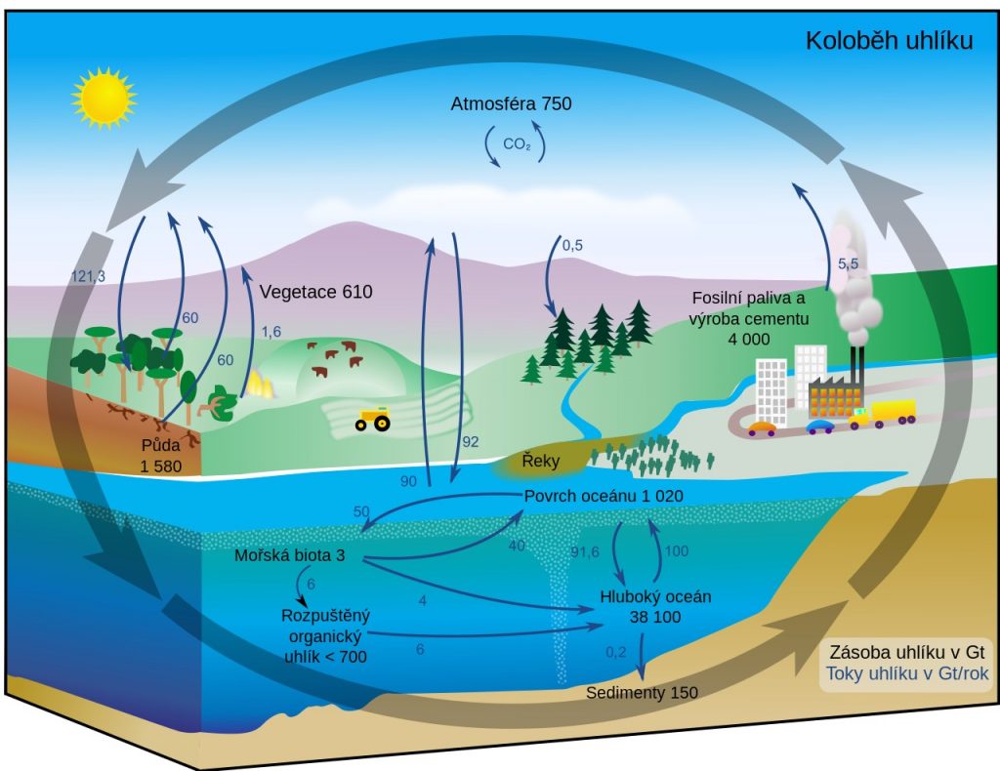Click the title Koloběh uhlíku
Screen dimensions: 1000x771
[x=889, y=40]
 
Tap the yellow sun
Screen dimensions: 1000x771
[x=104, y=99]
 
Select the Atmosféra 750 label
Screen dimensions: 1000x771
[x=511, y=103]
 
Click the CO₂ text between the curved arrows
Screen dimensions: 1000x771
[x=517, y=144]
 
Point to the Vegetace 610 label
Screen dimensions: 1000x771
[x=315, y=292]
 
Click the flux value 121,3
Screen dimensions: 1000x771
[x=88, y=276]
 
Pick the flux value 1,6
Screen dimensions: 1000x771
[x=271, y=332]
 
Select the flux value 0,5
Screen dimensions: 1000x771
[x=572, y=245]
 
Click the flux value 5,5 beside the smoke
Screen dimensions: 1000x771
[x=849, y=264]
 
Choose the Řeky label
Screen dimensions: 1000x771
[x=540, y=460]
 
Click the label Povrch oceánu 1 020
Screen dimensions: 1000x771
[x=604, y=496]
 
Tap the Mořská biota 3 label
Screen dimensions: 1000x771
[x=289, y=555]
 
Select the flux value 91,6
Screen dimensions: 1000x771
[x=585, y=551]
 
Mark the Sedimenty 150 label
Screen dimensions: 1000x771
[x=642, y=693]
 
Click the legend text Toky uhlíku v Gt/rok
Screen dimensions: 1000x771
[x=907, y=673]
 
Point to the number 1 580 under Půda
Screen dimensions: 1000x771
[x=161, y=467]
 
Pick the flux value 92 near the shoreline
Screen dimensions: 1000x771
[x=470, y=441]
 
